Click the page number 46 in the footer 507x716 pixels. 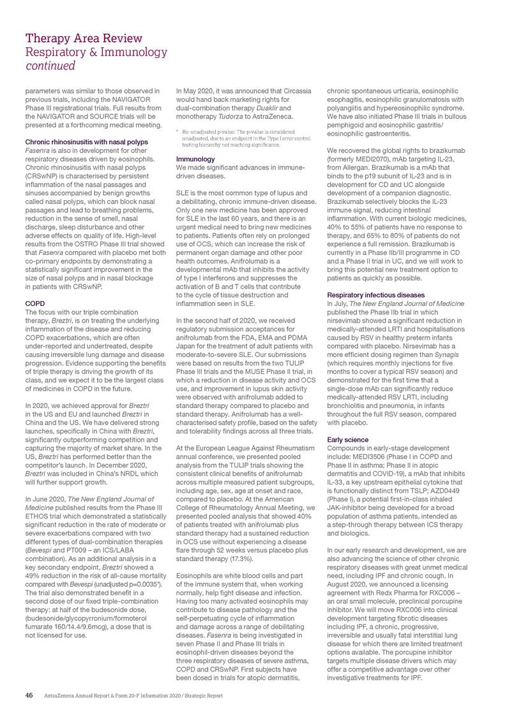click(x=29, y=695)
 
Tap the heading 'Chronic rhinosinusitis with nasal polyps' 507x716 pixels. click(x=86, y=142)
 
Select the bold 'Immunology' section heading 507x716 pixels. click(x=195, y=158)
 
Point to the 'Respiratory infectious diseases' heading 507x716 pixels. click(x=375, y=295)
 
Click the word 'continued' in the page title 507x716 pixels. click(x=50, y=66)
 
